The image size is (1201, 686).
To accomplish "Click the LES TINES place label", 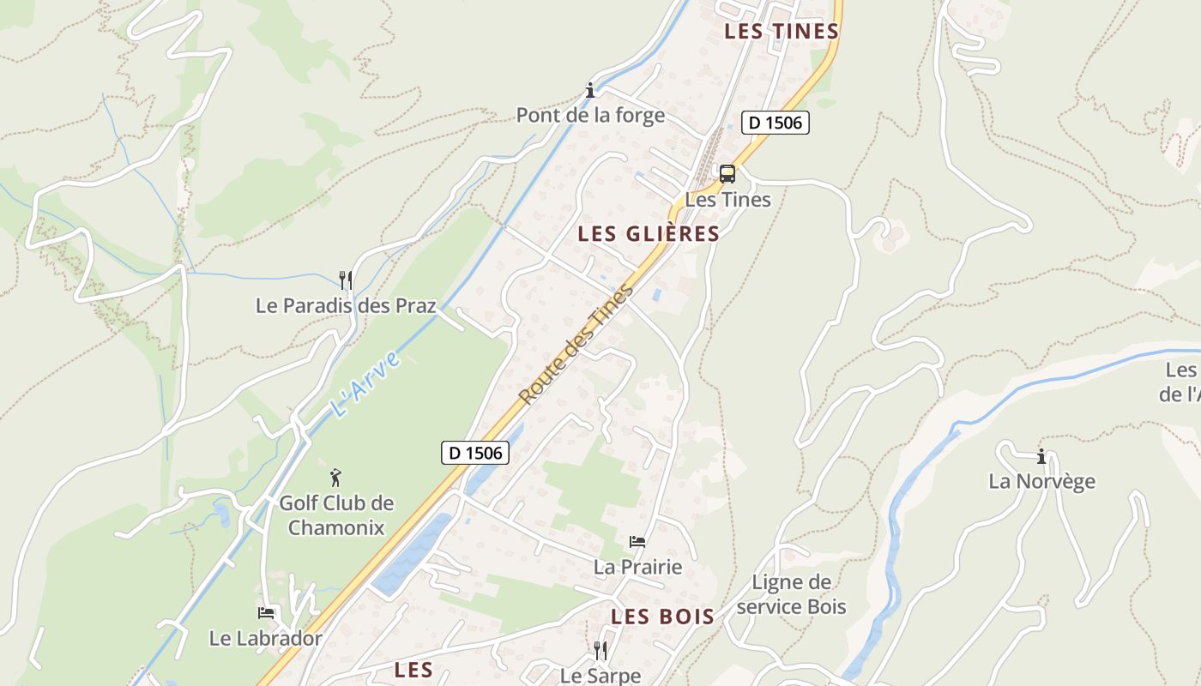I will [x=781, y=32].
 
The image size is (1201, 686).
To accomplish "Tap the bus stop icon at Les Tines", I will [x=727, y=174].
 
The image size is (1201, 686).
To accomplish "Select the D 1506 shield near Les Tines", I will [x=775, y=123].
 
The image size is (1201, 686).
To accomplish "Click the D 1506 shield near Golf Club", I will [x=475, y=452].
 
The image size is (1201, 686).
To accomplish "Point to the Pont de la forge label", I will [x=590, y=115].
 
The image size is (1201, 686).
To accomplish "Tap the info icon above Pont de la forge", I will [x=590, y=90].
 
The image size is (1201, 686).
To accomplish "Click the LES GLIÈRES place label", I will [x=649, y=234].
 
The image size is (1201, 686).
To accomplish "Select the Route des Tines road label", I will [x=576, y=344].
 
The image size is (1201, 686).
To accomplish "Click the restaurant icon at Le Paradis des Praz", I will [x=346, y=280].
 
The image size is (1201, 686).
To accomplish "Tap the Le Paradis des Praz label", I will [x=346, y=305].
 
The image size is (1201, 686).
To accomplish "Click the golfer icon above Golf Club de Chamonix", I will [x=335, y=478].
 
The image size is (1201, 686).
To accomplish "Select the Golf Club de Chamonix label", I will [x=336, y=514].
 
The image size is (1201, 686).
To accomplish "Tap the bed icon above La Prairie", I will [x=637, y=542].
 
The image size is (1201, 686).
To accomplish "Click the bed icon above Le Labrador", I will [x=266, y=613].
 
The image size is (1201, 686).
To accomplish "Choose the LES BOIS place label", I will [x=662, y=617].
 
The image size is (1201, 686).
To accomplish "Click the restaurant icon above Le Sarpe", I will [x=600, y=651].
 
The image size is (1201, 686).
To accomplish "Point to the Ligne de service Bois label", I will [x=791, y=594].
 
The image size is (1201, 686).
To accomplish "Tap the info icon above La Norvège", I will [x=1041, y=456].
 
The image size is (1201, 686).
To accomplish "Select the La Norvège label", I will [x=1041, y=481].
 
